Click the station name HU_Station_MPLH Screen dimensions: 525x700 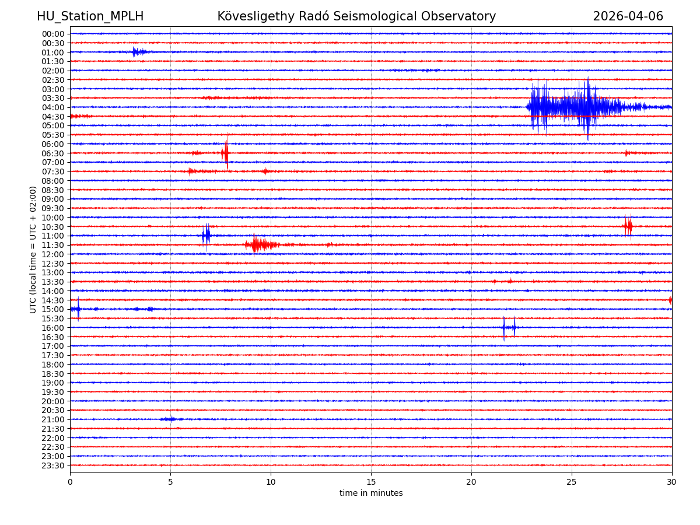pyautogui.click(x=90, y=16)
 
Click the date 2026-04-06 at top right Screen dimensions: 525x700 pyautogui.click(x=628, y=16)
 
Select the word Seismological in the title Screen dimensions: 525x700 pyautogui.click(x=379, y=16)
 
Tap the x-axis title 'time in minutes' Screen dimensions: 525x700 pyautogui.click(x=371, y=494)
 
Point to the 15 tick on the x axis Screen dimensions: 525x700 pyautogui.click(x=371, y=482)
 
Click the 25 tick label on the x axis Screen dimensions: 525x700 pyautogui.click(x=572, y=482)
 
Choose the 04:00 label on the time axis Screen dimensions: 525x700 pyautogui.click(x=53, y=107)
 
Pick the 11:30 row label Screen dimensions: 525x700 pyautogui.click(x=53, y=245)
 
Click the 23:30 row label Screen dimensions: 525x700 pyautogui.click(x=53, y=466)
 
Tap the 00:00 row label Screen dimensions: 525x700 pyautogui.click(x=53, y=34)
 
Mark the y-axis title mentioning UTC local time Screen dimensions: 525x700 pyautogui.click(x=33, y=250)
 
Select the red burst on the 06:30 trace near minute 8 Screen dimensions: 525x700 pyautogui.click(x=225, y=153)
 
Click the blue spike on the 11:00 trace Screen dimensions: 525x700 pyautogui.click(x=206, y=235)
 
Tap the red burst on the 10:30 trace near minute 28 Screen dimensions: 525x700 pyautogui.click(x=627, y=226)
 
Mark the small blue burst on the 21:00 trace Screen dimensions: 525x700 pyautogui.click(x=170, y=419)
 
